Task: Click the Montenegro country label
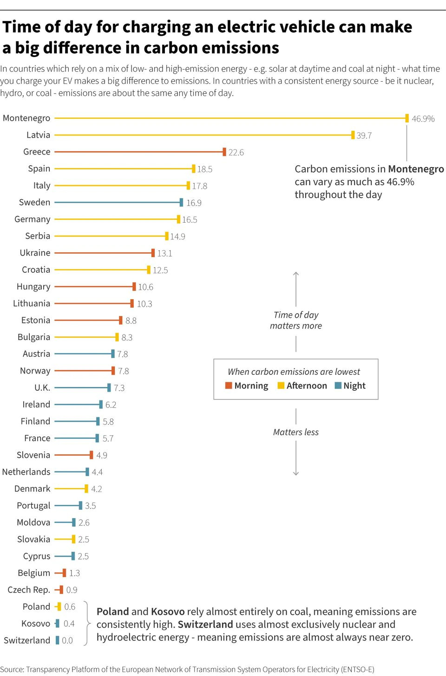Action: tap(26, 118)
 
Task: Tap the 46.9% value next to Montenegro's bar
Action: tap(423, 119)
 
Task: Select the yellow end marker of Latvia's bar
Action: tap(353, 135)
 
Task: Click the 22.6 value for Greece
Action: tap(236, 152)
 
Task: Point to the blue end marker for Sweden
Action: tap(181, 202)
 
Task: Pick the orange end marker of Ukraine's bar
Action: tap(153, 253)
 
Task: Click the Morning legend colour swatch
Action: tap(229, 386)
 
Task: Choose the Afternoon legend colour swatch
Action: tap(281, 386)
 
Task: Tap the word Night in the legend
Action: tap(354, 386)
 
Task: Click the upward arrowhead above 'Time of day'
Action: tap(296, 274)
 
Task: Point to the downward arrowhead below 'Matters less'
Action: tap(296, 473)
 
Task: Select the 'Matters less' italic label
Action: tap(296, 432)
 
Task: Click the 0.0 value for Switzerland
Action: tap(67, 640)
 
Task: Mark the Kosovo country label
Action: tap(36, 624)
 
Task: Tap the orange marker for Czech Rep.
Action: tap(61, 590)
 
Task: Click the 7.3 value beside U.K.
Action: tap(119, 388)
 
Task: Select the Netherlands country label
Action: tap(26, 472)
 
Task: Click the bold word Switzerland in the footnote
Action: tap(205, 624)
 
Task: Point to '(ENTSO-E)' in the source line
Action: tap(357, 670)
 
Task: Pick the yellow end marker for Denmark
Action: tap(86, 489)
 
